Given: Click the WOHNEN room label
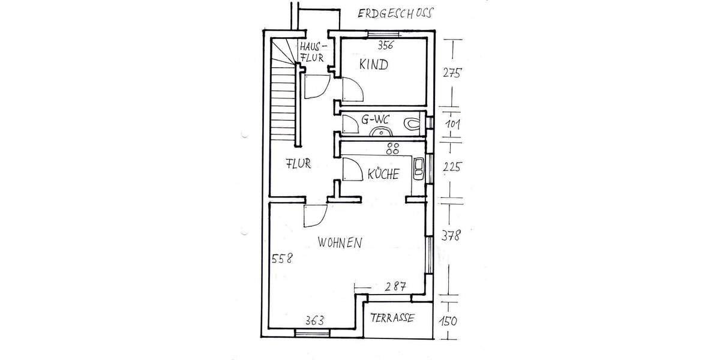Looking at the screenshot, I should tap(340, 243).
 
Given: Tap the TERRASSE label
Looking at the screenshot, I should tap(392, 319).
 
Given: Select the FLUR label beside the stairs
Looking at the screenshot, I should tap(298, 163).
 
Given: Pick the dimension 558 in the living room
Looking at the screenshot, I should tap(282, 259).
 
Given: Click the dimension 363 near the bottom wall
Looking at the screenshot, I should tap(314, 320).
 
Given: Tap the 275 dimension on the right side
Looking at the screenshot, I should tap(451, 74).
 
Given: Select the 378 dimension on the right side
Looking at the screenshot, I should tap(451, 236).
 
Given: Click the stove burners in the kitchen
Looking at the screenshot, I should tap(393, 148).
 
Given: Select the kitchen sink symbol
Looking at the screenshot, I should tap(418, 169).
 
